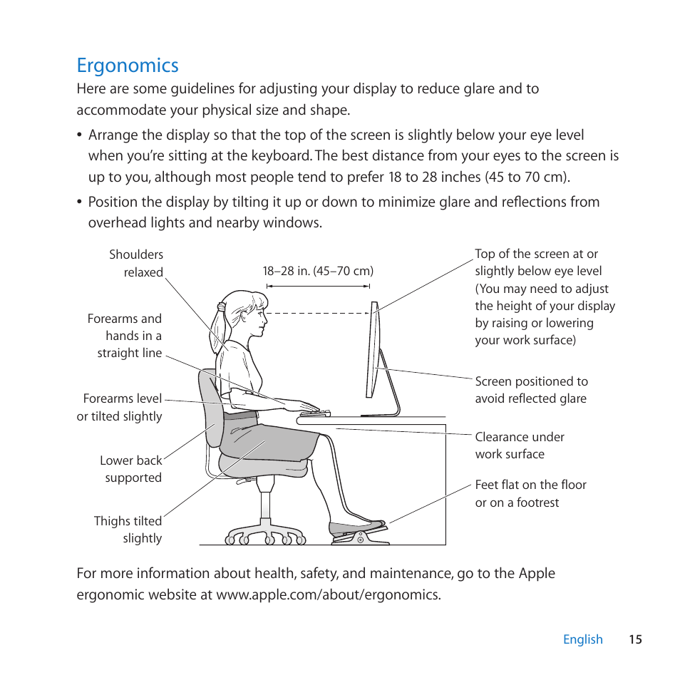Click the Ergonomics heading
(x=128, y=65)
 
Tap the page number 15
(x=635, y=639)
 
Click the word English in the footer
(x=582, y=639)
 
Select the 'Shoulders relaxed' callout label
(x=136, y=263)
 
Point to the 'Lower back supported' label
(x=131, y=469)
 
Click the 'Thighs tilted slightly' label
(x=128, y=530)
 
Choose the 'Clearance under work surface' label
(x=520, y=445)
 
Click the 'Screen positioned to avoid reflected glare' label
(x=531, y=390)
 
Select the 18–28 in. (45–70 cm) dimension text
(x=318, y=271)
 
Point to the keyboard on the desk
(x=315, y=413)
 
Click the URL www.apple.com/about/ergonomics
(x=329, y=594)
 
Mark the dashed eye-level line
(x=317, y=313)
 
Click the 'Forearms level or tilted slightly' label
(x=120, y=407)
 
